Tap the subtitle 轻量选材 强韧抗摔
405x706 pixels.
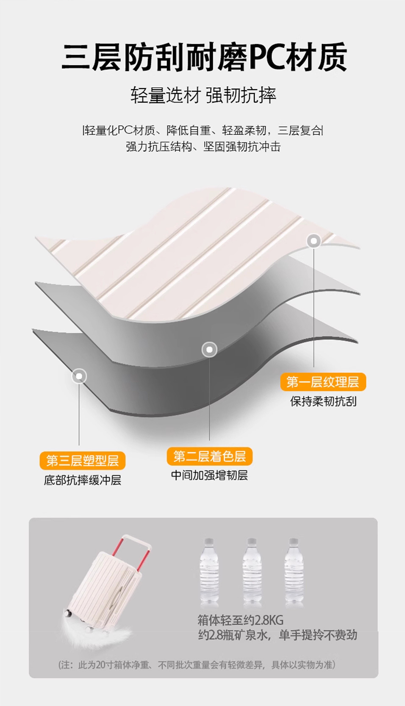(x=203, y=95)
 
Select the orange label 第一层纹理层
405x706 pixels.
(x=323, y=382)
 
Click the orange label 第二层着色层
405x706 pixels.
(x=209, y=456)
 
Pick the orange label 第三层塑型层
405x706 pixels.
(x=83, y=461)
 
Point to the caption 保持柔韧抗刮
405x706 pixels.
(x=323, y=401)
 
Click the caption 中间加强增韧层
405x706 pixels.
(x=209, y=475)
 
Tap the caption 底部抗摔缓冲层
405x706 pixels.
(x=83, y=480)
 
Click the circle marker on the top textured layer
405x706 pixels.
(x=314, y=241)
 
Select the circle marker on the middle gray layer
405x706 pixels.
(x=209, y=350)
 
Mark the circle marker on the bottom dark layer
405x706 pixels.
(x=79, y=376)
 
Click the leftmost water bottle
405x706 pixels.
(x=209, y=570)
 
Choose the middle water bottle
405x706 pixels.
(x=252, y=570)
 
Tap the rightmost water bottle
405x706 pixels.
(x=294, y=570)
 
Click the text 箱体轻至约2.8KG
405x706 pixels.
(x=240, y=620)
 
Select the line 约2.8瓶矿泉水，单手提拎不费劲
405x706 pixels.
(x=277, y=635)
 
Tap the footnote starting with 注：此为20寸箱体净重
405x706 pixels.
(x=197, y=665)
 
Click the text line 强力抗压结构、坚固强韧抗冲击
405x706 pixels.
(x=203, y=147)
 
